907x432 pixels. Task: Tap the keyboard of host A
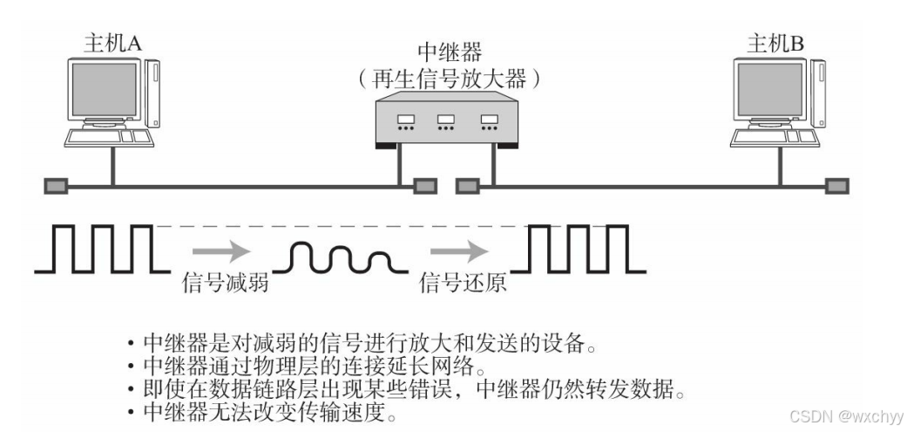(104, 140)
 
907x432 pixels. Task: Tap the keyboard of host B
(767, 140)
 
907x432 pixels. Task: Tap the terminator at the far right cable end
(837, 185)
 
